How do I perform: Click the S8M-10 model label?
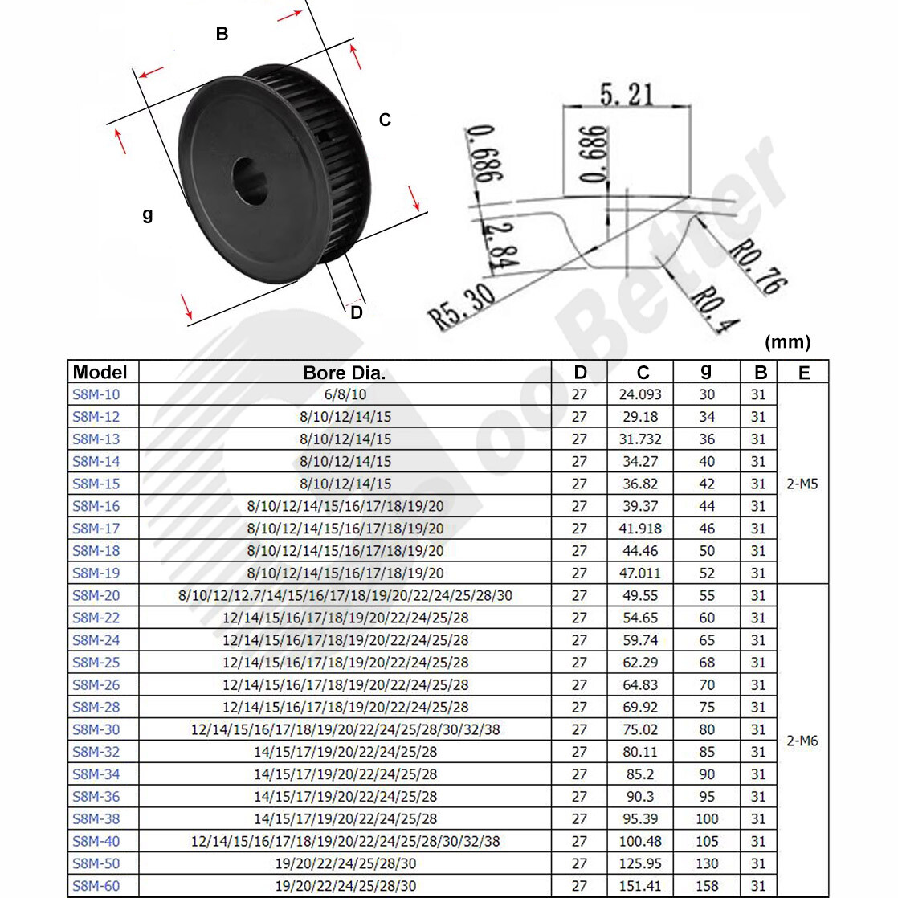click(x=96, y=394)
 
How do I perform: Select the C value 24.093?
click(x=640, y=394)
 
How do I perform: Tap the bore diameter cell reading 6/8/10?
click(x=345, y=394)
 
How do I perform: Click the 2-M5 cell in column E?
click(x=802, y=484)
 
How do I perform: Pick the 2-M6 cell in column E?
click(x=802, y=741)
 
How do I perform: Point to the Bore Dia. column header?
click(x=345, y=373)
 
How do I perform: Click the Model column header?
click(x=100, y=372)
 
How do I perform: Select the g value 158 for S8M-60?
click(x=707, y=886)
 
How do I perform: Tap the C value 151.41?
click(x=640, y=886)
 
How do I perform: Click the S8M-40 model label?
click(x=96, y=841)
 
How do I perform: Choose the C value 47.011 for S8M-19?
click(x=640, y=573)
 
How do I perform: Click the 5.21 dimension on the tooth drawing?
click(x=627, y=95)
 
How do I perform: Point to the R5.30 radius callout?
click(x=462, y=307)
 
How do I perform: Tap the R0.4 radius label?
click(x=714, y=310)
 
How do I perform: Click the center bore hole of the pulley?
click(x=251, y=180)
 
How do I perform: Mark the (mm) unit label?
click(x=787, y=342)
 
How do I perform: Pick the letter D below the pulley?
click(x=357, y=313)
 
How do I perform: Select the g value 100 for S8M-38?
click(x=707, y=818)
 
